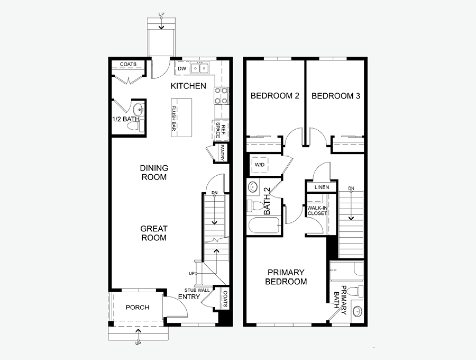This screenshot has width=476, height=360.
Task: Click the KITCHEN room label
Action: tap(188, 86)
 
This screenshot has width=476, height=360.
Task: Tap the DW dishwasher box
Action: tap(182, 68)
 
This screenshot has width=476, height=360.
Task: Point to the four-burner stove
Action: tap(221, 95)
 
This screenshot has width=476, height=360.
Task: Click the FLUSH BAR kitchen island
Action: tap(181, 118)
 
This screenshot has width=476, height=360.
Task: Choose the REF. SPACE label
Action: tap(221, 130)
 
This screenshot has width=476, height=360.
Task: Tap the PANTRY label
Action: tap(222, 152)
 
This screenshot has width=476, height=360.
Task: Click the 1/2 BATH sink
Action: tap(139, 109)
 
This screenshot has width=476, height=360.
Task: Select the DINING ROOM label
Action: tap(154, 173)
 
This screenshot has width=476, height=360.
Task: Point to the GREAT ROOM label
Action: tap(154, 233)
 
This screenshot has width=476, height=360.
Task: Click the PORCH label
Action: tap(137, 308)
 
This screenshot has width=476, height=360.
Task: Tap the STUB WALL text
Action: tap(197, 290)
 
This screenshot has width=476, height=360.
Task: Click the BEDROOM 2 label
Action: tap(274, 96)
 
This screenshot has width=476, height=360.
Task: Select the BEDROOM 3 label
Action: tap(336, 96)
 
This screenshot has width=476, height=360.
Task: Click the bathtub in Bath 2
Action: tap(264, 226)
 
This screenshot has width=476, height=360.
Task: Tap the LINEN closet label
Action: tap(322, 187)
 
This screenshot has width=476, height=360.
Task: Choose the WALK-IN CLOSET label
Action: tap(317, 211)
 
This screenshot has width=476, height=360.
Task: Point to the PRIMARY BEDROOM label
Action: tap(286, 277)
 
